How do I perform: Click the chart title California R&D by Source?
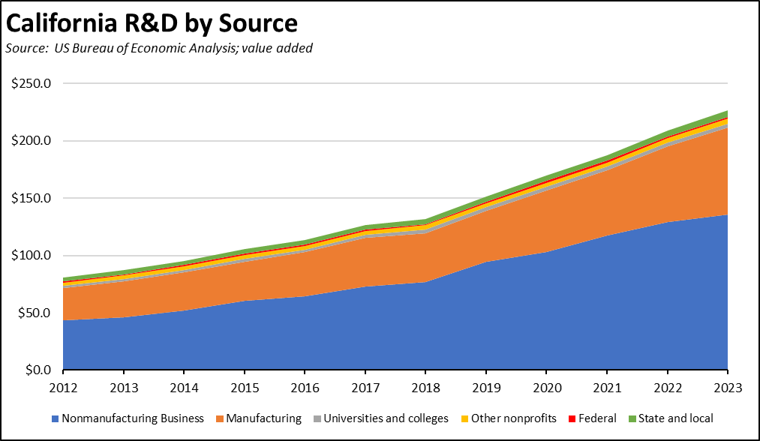152,23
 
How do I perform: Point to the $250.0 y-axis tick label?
31,83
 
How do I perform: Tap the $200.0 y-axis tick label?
31,141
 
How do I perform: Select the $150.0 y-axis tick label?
31,198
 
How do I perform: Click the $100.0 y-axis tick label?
31,256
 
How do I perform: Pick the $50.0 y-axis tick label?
34,313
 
